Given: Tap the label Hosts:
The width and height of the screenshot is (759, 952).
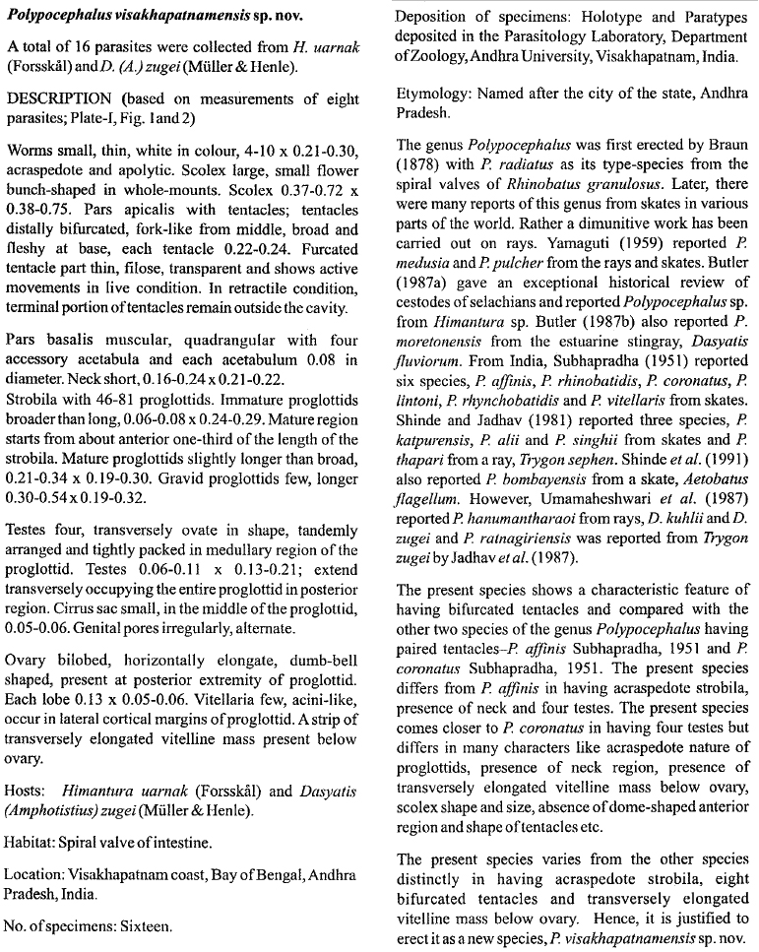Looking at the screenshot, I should point(29,791).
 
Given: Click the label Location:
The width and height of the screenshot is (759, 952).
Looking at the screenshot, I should point(38,874).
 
